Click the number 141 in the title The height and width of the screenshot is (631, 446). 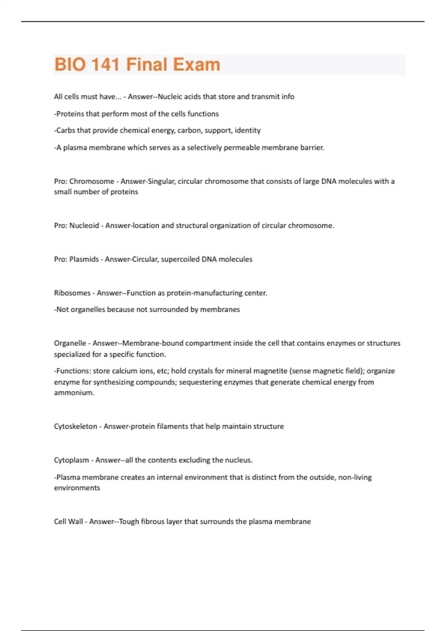pos(105,64)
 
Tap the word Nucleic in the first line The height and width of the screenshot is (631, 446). pos(169,97)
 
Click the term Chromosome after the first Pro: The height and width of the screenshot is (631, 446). pos(92,181)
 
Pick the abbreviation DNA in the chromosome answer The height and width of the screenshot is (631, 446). pos(329,181)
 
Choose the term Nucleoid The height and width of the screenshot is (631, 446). pos(84,225)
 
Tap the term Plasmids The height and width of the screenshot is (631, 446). pos(84,259)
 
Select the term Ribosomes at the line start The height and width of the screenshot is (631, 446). pos(72,293)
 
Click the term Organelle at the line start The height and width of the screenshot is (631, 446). pos(70,343)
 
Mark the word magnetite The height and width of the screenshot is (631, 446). pos(266,371)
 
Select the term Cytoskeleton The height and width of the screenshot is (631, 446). pos(75,426)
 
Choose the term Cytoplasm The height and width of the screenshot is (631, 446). pos(71,460)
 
